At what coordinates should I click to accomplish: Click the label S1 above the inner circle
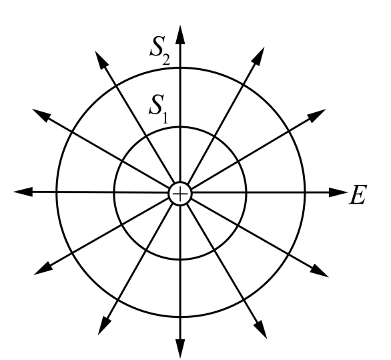pyautogui.click(x=159, y=109)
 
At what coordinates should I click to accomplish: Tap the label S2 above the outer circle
pyautogui.click(x=160, y=51)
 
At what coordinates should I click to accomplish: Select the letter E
pyautogui.click(x=358, y=195)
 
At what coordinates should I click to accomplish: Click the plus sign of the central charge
pyautogui.click(x=180, y=194)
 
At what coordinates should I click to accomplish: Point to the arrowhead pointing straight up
pyautogui.click(x=180, y=35)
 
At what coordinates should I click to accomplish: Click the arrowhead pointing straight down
pyautogui.click(x=180, y=349)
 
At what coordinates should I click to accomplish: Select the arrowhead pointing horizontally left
pyautogui.click(x=23, y=192)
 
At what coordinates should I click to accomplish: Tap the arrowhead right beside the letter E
pyautogui.click(x=338, y=192)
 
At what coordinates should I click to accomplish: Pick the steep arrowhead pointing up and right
pyautogui.click(x=258, y=56)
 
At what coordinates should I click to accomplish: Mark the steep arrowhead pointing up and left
pyautogui.click(x=101, y=59)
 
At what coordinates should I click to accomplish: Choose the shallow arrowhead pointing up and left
pyautogui.click(x=41, y=115)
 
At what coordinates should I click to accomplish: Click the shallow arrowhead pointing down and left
pyautogui.click(x=43, y=269)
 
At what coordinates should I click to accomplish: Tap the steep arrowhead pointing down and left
pyautogui.click(x=104, y=325)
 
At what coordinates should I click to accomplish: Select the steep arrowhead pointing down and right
pyautogui.click(x=261, y=329)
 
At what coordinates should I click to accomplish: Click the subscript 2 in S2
pyautogui.click(x=166, y=60)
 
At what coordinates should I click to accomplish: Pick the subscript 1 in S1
pyautogui.click(x=165, y=118)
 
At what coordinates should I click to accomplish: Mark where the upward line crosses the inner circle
pyautogui.click(x=180, y=128)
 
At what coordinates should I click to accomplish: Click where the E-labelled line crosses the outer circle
pyautogui.click(x=305, y=192)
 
